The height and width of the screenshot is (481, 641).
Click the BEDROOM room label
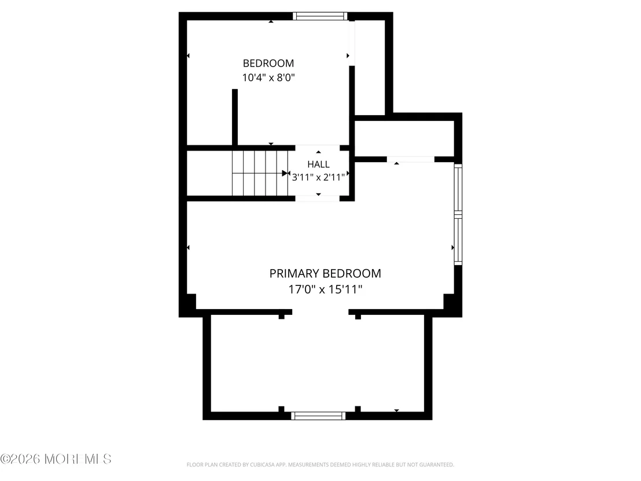tap(268, 64)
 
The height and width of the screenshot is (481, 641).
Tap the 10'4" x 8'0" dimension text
tap(268, 78)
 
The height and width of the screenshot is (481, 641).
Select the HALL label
tap(318, 164)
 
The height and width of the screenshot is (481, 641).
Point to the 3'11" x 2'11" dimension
tap(318, 177)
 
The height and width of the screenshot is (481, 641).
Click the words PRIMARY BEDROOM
tap(325, 273)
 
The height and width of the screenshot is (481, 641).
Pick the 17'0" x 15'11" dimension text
tap(325, 289)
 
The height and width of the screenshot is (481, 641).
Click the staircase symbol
tap(260, 174)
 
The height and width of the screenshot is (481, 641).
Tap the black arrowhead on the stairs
tap(285, 174)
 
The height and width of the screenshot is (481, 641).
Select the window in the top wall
tap(320, 16)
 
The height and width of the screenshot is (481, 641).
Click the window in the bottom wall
tap(318, 416)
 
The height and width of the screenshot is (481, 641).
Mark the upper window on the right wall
tap(458, 188)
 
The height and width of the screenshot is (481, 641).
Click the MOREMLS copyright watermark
tap(56, 459)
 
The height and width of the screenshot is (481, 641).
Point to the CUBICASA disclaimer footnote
tap(320, 465)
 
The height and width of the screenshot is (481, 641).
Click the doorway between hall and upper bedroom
tap(318, 148)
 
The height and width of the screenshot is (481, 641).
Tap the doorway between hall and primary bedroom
tap(318, 199)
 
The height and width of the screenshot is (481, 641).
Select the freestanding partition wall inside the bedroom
tap(235, 117)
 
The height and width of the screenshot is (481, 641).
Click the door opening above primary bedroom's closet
tap(410, 159)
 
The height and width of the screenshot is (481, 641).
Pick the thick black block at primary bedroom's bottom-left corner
tap(188, 304)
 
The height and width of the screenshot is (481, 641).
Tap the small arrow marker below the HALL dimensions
tap(318, 194)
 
